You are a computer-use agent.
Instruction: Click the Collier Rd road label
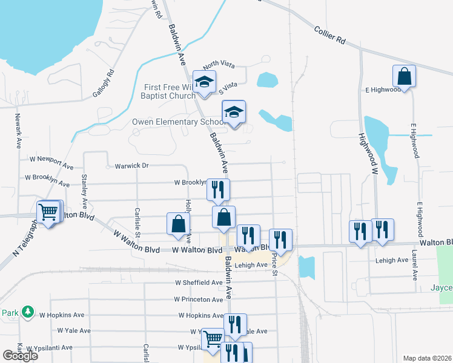pos(330,35)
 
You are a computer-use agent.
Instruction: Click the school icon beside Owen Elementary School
pos(234,113)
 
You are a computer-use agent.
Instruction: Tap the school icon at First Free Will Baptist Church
pos(205,83)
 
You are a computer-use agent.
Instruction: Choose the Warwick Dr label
pos(127,165)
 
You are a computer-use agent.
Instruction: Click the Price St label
pos(274,264)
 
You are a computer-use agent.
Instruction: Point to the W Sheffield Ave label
pos(199,283)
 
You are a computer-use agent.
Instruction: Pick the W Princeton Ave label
pos(198,299)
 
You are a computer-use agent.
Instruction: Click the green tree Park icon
pos(27,312)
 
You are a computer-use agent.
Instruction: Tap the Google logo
pos(20,356)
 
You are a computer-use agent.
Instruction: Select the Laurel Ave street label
pos(415,266)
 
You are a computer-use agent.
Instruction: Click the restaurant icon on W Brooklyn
pos(218,189)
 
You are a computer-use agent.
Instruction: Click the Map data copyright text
pos(426,358)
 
